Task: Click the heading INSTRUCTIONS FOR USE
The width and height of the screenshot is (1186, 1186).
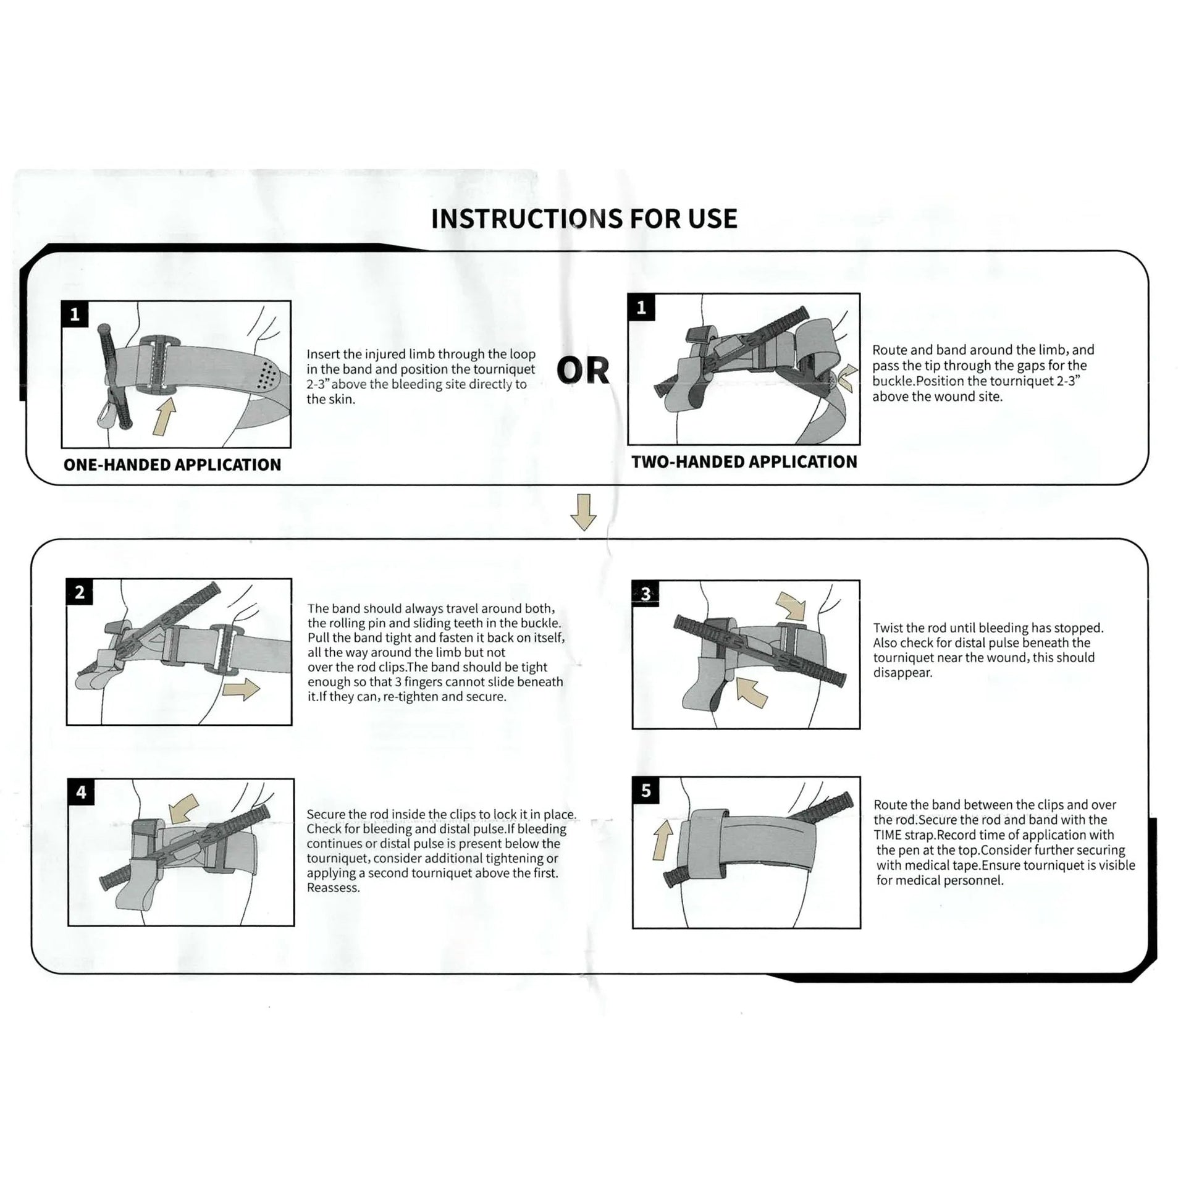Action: tap(584, 219)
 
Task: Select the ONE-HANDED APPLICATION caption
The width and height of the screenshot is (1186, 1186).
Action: tap(172, 465)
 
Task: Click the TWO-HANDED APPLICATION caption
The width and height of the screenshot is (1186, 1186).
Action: tap(744, 462)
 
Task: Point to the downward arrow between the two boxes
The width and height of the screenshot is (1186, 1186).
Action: tap(583, 513)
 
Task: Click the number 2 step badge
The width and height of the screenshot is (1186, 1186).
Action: tap(80, 593)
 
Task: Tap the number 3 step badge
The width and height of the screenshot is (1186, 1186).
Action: tap(646, 594)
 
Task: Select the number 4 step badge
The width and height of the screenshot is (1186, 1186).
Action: tap(81, 793)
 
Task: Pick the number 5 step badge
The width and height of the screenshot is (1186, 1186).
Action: tap(646, 791)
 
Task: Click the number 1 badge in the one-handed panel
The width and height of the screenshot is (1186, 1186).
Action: tap(75, 315)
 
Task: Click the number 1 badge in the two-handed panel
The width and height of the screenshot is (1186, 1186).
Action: tap(641, 308)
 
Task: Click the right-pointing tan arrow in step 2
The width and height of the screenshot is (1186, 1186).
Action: tap(242, 689)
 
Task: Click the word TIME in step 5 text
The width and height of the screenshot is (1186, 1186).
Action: tap(888, 835)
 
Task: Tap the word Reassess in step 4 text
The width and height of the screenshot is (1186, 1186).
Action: tap(332, 888)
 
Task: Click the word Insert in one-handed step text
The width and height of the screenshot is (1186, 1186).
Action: tap(322, 355)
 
